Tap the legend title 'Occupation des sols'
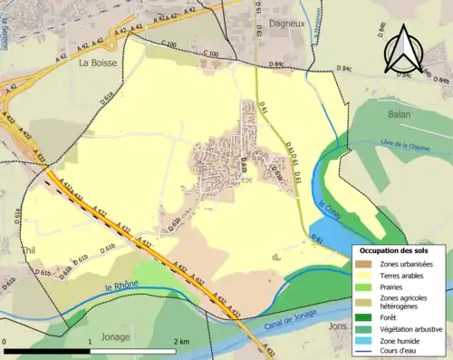click(x=400, y=249)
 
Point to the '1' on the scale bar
click(x=92, y=342)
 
